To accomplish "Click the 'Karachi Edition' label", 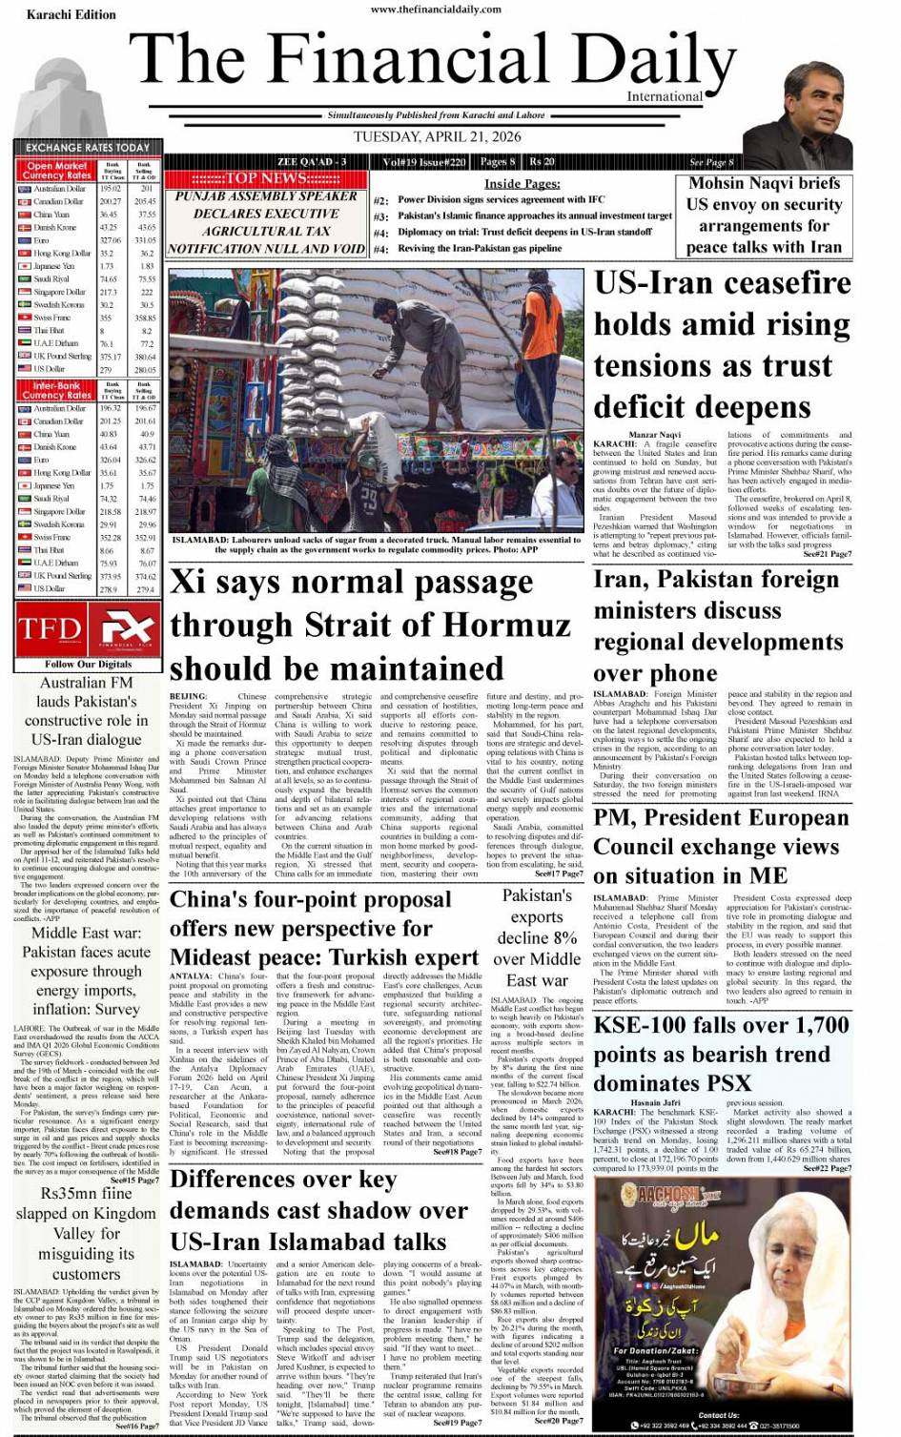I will (x=71, y=14).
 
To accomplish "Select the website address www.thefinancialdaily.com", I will (x=436, y=9).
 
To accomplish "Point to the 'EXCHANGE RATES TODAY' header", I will (x=88, y=148).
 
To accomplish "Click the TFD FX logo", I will (x=87, y=628).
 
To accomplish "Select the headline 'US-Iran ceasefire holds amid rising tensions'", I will (x=722, y=344).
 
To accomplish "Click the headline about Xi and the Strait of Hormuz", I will (x=370, y=625).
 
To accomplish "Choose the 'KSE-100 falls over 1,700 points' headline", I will (x=721, y=1054).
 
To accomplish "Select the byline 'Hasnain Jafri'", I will (x=656, y=1103).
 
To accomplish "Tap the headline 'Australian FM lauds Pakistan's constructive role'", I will (x=87, y=710).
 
